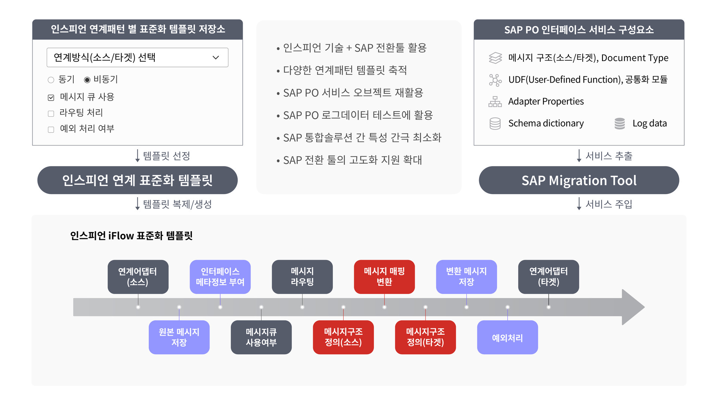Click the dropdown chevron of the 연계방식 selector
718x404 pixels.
216,58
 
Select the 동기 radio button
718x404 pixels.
51,80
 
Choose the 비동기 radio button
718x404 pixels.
87,80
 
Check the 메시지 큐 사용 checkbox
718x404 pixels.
51,98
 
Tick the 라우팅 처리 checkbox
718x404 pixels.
51,113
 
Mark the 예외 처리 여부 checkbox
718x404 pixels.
51,129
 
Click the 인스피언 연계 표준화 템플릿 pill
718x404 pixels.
137,180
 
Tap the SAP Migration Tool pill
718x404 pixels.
579,180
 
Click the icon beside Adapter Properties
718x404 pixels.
495,101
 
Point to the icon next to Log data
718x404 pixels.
620,123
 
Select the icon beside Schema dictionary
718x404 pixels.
495,123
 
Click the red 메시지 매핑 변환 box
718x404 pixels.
384,277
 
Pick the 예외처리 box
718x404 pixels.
507,337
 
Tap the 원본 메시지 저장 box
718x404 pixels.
179,337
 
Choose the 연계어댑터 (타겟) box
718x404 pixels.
549,277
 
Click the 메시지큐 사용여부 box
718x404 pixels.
261,337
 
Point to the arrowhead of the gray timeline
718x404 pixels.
644,307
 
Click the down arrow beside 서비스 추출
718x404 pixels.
579,156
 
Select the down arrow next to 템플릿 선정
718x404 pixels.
137,156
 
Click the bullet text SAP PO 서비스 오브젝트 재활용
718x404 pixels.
353,93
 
